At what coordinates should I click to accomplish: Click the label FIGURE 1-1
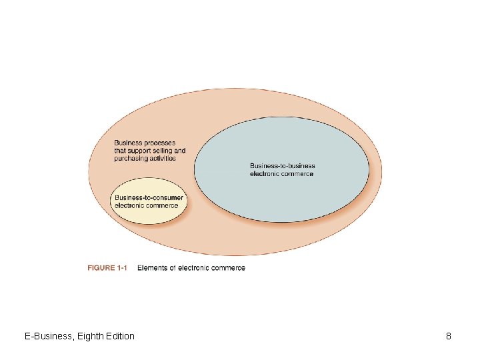(x=107, y=268)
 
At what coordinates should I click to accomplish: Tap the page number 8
(x=449, y=336)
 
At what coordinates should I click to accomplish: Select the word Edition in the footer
(x=119, y=336)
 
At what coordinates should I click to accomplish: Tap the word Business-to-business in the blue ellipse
(x=283, y=166)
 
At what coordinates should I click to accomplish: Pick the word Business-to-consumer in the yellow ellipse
(x=149, y=198)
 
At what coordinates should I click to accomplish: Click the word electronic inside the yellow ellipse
(x=130, y=205)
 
